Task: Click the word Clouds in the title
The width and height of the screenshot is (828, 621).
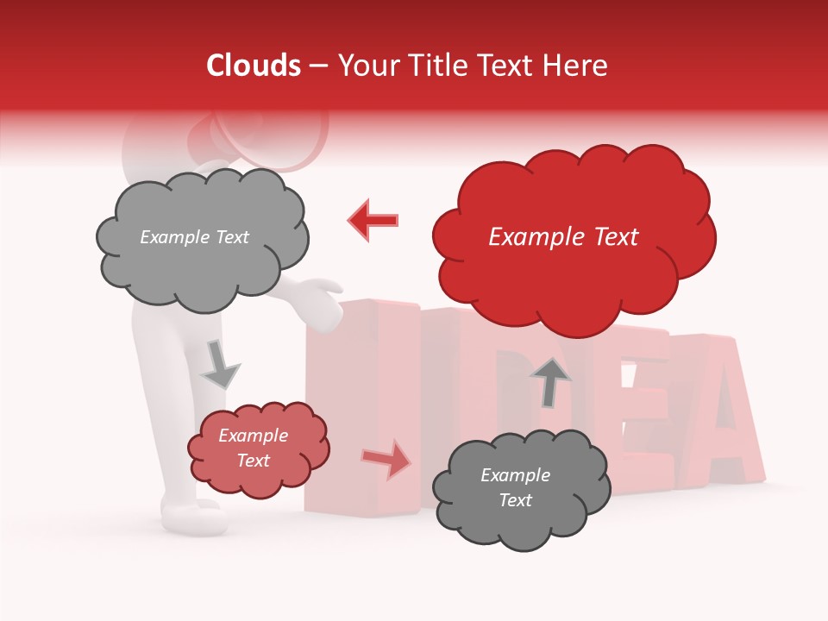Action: click(x=253, y=66)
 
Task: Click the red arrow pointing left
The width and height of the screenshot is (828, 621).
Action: click(x=373, y=220)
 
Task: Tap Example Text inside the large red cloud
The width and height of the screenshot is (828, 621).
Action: click(x=563, y=237)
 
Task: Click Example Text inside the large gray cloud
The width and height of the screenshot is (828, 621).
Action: click(x=194, y=237)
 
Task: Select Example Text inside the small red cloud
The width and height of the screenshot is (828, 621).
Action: click(x=254, y=448)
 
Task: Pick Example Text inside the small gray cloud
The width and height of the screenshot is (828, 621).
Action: click(x=515, y=487)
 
